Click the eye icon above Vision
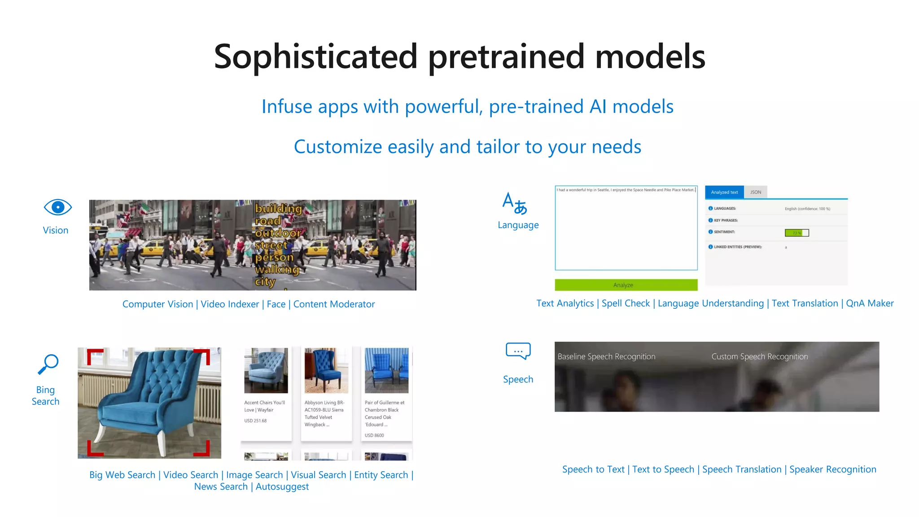click(57, 207)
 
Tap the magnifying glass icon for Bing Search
click(48, 364)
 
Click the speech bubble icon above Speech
click(518, 351)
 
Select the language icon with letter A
click(514, 203)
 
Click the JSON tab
click(756, 192)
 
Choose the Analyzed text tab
click(724, 192)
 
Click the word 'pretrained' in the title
click(506, 57)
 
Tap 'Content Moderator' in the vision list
click(334, 304)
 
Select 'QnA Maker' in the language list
click(870, 303)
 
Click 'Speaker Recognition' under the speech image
click(832, 469)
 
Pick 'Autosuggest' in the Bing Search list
click(282, 486)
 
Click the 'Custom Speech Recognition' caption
click(759, 356)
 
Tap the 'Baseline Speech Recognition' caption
click(606, 356)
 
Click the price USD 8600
click(374, 435)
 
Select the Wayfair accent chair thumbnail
click(266, 371)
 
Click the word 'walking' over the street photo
click(277, 269)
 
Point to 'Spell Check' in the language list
click(626, 303)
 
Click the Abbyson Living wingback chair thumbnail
click(326, 371)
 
